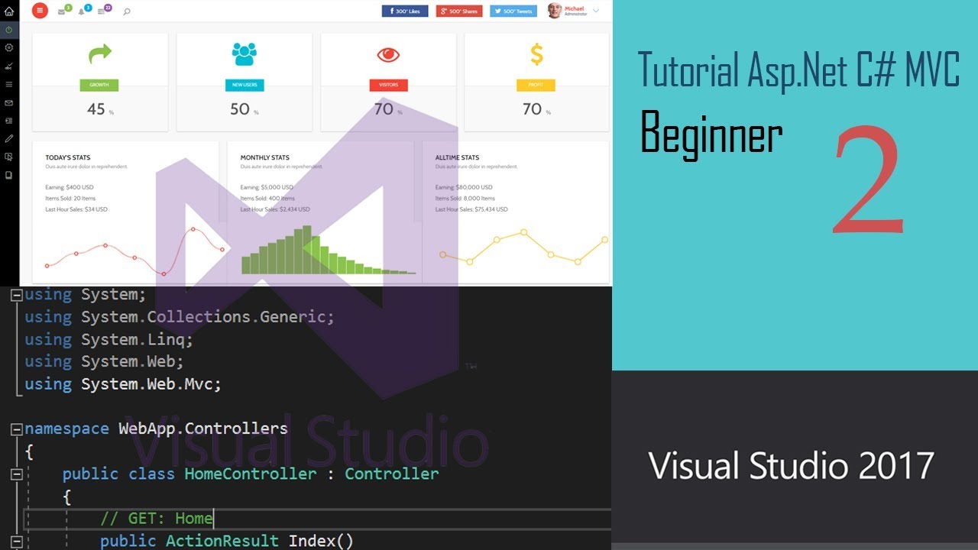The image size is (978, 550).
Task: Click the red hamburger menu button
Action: (x=40, y=11)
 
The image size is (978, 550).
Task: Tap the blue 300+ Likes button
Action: (x=405, y=11)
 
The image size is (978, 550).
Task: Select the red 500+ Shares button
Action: (x=459, y=11)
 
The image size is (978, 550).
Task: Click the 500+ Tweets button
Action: (x=513, y=11)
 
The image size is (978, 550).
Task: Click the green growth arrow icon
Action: (x=99, y=53)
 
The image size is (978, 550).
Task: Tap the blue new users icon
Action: (x=244, y=53)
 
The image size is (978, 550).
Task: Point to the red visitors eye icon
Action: (x=388, y=54)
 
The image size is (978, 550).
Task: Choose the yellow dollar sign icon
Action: (x=536, y=54)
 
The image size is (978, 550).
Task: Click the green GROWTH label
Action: (x=99, y=85)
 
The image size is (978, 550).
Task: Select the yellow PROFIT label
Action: (x=536, y=85)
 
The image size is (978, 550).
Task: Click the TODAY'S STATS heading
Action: (x=67, y=158)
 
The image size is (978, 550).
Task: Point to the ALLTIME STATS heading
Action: (x=457, y=158)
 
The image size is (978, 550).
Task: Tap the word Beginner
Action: (x=711, y=134)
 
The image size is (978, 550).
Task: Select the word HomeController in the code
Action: (x=250, y=474)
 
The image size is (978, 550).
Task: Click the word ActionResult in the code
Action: (x=222, y=541)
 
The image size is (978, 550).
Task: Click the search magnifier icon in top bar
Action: (x=126, y=11)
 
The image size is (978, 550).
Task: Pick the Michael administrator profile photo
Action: (x=555, y=11)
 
